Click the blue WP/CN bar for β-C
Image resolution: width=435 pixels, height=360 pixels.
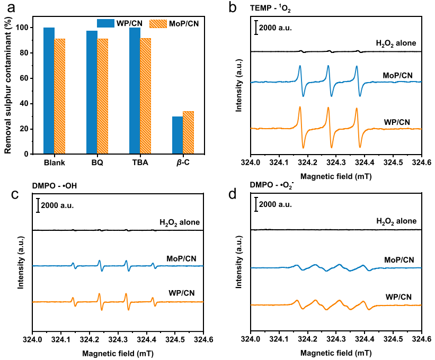177,136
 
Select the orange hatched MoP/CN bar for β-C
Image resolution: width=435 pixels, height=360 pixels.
188,133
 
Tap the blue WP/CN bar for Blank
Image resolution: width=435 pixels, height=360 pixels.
49,91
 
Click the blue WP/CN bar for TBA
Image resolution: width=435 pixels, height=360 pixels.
135,91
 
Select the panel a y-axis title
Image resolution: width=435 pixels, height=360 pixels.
9,85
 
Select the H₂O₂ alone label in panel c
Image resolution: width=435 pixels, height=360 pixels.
180,222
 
